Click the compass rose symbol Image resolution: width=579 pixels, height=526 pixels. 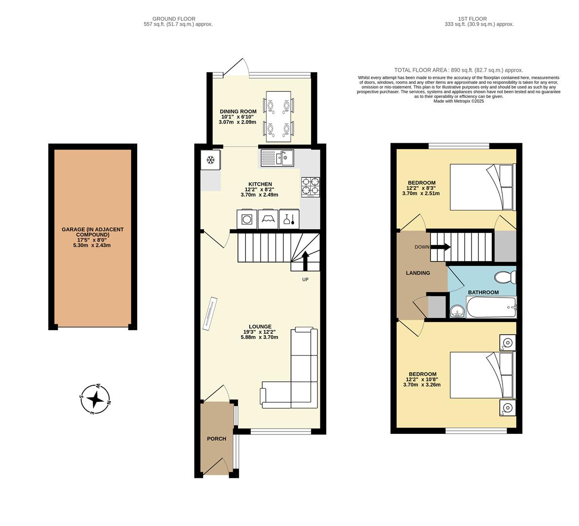coord(95,399)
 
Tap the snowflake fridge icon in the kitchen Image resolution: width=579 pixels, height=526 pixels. coord(210,160)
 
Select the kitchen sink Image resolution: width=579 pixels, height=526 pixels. coord(278,158)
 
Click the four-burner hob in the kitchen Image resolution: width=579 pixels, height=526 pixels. coord(310,187)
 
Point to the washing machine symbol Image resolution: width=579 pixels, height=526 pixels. coord(247,219)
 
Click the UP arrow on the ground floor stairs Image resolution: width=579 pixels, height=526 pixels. coord(305,260)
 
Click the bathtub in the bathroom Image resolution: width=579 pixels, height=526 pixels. coord(491,307)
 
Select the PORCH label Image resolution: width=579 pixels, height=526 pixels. coord(217,439)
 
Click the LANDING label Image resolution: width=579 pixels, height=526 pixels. coord(418,273)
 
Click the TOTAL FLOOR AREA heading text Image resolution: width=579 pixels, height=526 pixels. coord(458,70)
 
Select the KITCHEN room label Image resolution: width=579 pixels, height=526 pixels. coord(260,184)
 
